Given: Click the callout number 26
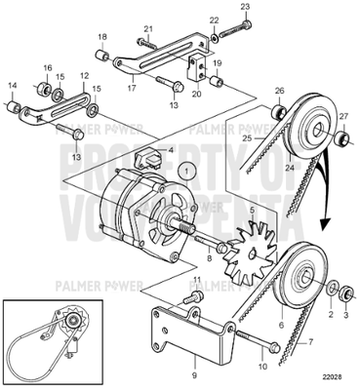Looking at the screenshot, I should pyautogui.click(x=279, y=92).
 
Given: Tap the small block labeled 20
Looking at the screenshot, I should pyautogui.click(x=195, y=72).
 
